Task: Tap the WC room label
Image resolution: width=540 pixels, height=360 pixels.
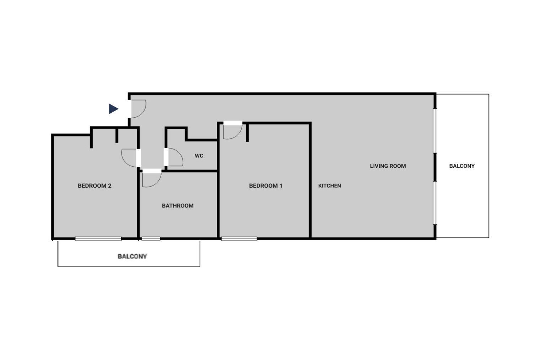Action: tap(199, 156)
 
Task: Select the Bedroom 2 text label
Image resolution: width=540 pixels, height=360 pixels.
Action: tap(94, 186)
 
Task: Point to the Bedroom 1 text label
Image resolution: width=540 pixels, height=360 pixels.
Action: tap(266, 186)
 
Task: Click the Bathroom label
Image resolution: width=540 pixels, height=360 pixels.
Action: tap(178, 206)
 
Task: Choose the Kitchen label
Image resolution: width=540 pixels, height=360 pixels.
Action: tap(330, 186)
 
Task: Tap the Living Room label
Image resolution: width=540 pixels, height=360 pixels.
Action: tap(388, 166)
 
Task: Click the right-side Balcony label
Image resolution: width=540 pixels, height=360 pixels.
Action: tap(462, 166)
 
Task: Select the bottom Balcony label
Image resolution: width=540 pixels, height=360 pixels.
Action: tap(132, 256)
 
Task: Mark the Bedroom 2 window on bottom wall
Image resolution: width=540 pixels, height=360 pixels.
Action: tap(98, 239)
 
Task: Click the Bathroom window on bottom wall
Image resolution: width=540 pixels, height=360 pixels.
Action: tap(151, 239)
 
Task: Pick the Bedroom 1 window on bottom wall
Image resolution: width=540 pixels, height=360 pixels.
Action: tap(239, 239)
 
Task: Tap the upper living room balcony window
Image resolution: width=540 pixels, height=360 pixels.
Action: tap(435, 131)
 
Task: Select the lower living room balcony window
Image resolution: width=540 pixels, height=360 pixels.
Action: tap(435, 203)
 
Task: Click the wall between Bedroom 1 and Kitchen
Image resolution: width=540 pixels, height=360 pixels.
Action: tap(310, 181)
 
